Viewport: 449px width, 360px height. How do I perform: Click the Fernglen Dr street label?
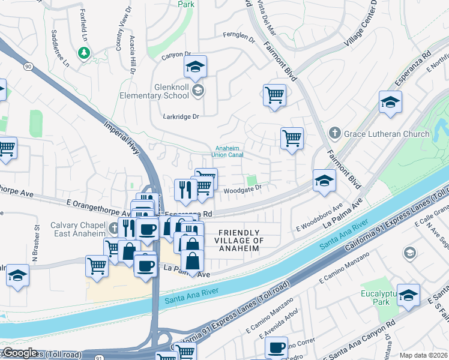coord(239,37)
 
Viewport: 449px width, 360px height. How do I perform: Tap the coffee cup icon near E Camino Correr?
coord(277,347)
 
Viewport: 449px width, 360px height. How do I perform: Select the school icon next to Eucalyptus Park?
coord(409,295)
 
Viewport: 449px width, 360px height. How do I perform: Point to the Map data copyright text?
coord(423,355)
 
